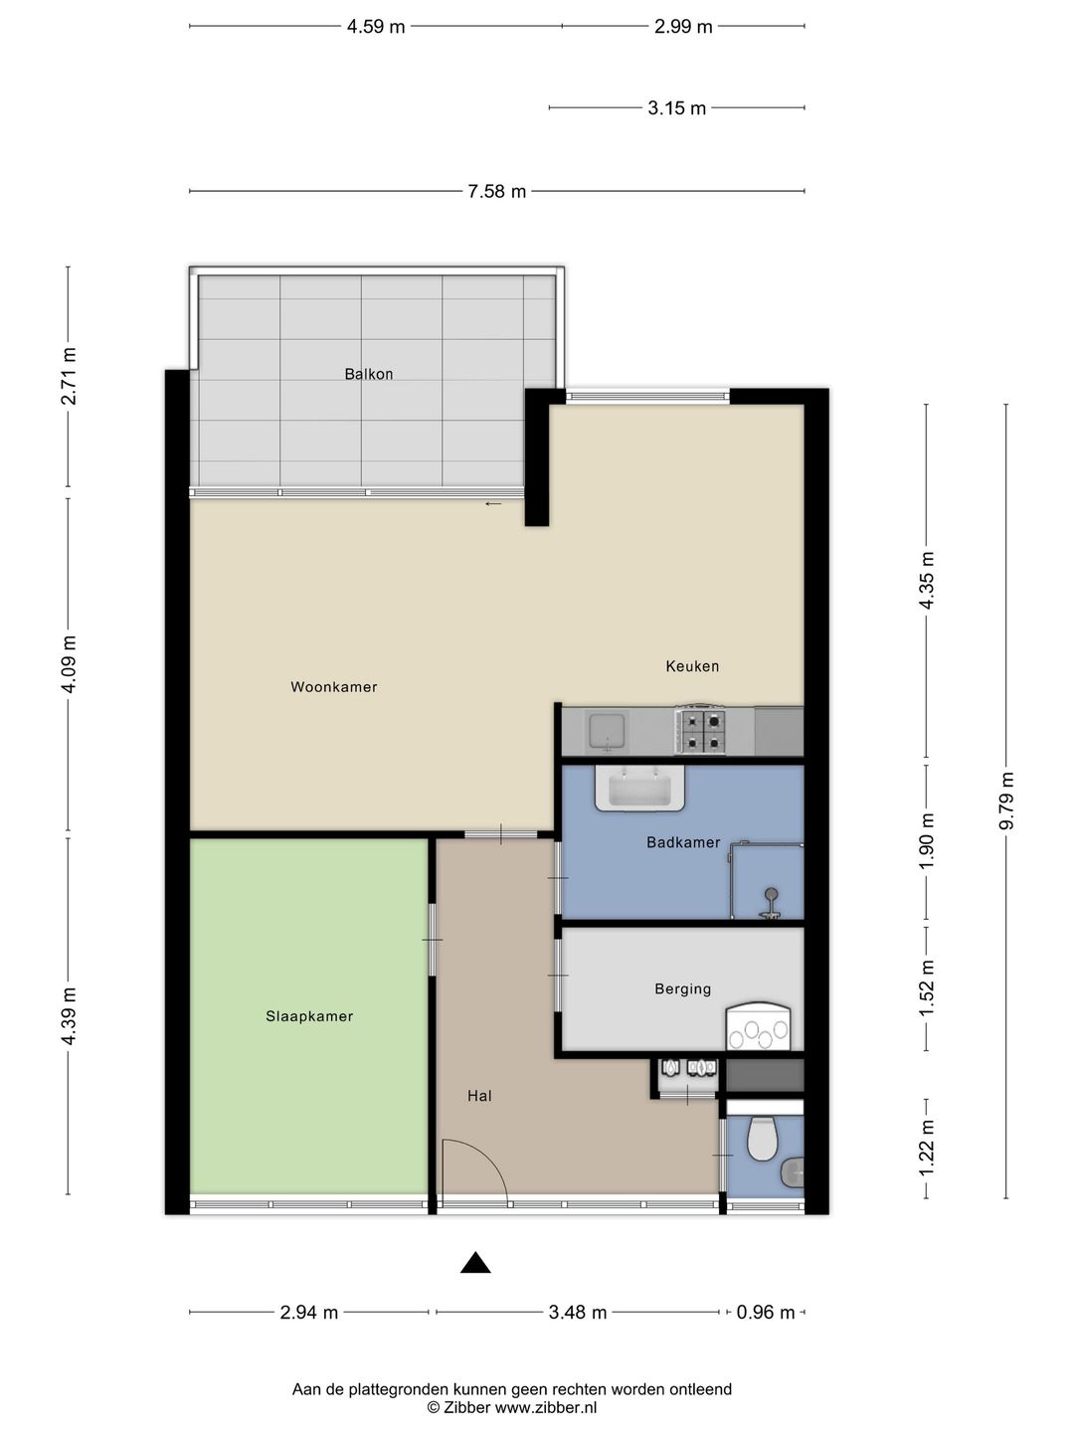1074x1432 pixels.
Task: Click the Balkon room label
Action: [x=369, y=374]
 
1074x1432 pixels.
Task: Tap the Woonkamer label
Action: [x=333, y=687]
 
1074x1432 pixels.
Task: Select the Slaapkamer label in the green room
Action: [x=309, y=1016]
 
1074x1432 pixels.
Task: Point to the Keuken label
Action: [x=692, y=666]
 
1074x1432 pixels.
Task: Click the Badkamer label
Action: [x=683, y=842]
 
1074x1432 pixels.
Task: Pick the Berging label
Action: [x=682, y=988]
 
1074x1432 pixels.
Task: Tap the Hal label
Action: [x=479, y=1096]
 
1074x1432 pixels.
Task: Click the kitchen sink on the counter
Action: [x=606, y=731]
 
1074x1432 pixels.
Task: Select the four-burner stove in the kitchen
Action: [x=701, y=731]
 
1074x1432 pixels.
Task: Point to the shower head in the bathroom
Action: [x=771, y=897]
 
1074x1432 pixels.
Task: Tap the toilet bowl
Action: [x=762, y=1140]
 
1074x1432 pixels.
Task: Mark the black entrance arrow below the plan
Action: [x=475, y=1263]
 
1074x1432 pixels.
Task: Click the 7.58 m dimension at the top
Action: [x=496, y=191]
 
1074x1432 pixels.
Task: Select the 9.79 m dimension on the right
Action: [x=1006, y=801]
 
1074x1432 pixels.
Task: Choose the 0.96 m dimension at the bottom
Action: [x=765, y=1313]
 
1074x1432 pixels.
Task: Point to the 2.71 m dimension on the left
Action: [x=69, y=376]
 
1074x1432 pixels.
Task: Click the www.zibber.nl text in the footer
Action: [x=546, y=1407]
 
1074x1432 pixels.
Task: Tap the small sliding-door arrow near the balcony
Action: [x=493, y=504]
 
